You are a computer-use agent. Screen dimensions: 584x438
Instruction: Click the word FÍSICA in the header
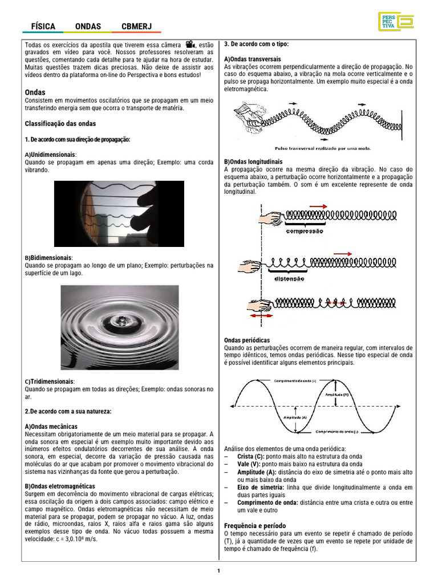point(43,26)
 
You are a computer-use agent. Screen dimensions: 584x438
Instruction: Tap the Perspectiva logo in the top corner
point(395,21)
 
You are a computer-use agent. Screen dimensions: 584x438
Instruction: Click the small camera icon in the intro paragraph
point(190,45)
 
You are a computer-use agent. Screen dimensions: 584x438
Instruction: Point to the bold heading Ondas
point(35,92)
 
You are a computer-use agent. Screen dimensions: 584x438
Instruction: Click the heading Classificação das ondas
point(60,124)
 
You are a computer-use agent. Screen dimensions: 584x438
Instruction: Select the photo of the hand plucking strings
point(119,214)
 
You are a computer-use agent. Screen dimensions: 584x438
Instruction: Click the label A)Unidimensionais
point(51,155)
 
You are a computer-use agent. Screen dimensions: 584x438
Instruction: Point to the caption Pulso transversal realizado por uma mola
point(323,148)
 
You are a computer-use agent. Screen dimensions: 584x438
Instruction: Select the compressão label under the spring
point(304,231)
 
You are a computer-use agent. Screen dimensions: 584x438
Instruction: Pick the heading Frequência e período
point(255,525)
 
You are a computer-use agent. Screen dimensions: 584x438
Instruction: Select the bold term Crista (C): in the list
point(251,457)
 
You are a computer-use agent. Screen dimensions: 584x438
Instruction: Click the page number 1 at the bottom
point(218,571)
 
